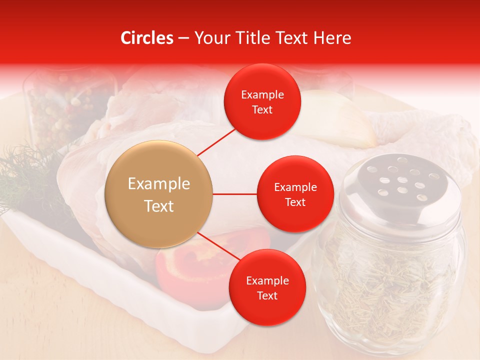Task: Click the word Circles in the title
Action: [146, 38]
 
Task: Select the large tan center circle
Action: [159, 194]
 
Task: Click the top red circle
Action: [262, 101]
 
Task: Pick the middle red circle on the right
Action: [295, 194]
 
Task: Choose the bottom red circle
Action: [267, 287]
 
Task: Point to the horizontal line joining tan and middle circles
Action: [234, 194]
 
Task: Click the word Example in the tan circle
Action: [159, 184]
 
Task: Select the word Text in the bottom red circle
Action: [267, 295]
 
